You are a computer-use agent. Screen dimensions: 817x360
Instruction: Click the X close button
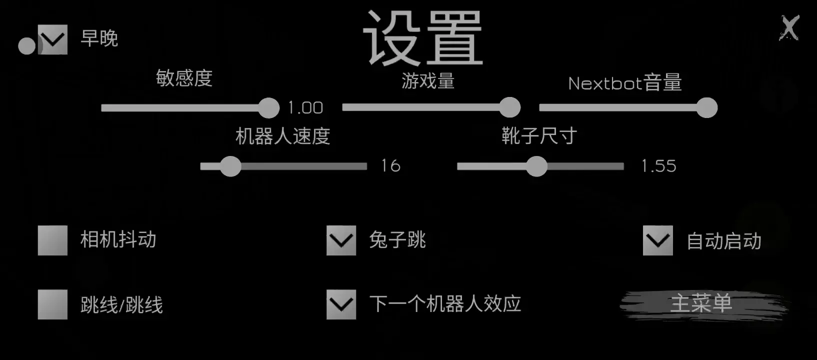(789, 28)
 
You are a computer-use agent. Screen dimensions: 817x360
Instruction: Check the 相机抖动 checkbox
(52, 240)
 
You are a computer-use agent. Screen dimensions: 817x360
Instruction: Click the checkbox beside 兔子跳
(341, 240)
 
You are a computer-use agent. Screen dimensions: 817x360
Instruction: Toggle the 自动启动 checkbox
(657, 240)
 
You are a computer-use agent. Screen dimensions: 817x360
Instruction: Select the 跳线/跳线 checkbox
(52, 304)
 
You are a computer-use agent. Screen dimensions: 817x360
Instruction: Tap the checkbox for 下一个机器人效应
(341, 304)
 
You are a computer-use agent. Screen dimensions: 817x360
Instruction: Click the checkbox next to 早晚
(52, 39)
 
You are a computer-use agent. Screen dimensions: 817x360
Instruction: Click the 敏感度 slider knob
(269, 108)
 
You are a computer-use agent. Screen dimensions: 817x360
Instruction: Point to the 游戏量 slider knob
(509, 107)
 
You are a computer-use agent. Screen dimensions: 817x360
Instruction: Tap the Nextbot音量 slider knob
(707, 107)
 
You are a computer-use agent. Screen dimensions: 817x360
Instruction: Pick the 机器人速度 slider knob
(230, 166)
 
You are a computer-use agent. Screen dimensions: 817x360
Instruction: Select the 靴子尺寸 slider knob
(536, 166)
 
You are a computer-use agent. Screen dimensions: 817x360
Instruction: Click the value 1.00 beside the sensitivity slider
(305, 108)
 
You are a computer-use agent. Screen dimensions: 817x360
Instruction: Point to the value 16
(391, 166)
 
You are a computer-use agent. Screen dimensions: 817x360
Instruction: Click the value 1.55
(658, 166)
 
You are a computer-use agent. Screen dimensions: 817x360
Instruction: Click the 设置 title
(423, 38)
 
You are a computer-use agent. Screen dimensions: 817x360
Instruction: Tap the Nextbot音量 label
(625, 83)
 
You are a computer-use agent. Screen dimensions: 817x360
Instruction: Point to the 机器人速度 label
(282, 136)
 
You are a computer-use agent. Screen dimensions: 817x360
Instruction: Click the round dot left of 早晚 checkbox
(27, 46)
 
